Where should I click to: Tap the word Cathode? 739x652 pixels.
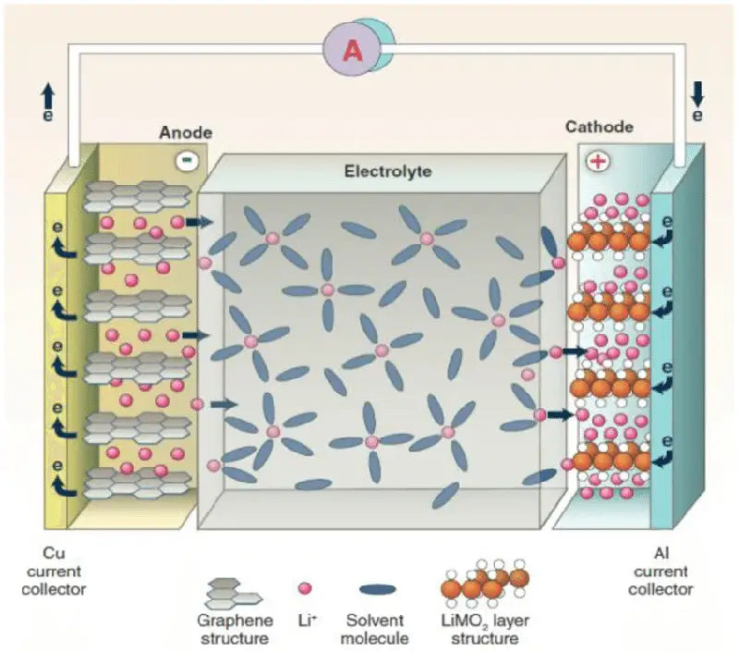tap(600, 127)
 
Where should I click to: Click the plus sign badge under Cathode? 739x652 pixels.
tap(599, 161)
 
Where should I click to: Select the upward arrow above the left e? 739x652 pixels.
tap(48, 92)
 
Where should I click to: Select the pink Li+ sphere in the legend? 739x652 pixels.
tap(306, 588)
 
